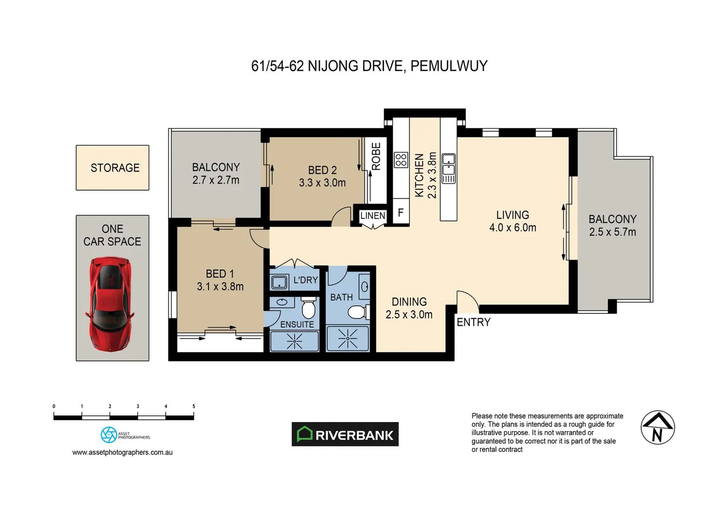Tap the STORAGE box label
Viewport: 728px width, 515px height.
point(115,168)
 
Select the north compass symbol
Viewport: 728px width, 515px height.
point(658,427)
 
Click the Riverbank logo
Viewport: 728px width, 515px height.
point(345,434)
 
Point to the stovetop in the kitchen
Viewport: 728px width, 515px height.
point(401,160)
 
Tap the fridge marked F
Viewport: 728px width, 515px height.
point(401,213)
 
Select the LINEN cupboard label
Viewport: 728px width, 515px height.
point(372,216)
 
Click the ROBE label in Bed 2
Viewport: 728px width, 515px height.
point(376,156)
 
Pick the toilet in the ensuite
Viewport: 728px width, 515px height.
point(309,309)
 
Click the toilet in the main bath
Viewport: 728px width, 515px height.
point(357,312)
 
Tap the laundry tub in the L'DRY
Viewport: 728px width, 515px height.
point(279,282)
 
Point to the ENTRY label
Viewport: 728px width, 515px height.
point(473,322)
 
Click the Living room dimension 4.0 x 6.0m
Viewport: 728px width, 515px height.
point(512,228)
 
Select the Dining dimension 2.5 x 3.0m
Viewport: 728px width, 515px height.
point(409,315)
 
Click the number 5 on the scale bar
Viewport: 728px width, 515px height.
point(194,406)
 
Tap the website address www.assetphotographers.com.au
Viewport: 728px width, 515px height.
point(122,453)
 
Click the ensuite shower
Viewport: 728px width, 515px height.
point(294,341)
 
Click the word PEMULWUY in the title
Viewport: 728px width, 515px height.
point(449,66)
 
